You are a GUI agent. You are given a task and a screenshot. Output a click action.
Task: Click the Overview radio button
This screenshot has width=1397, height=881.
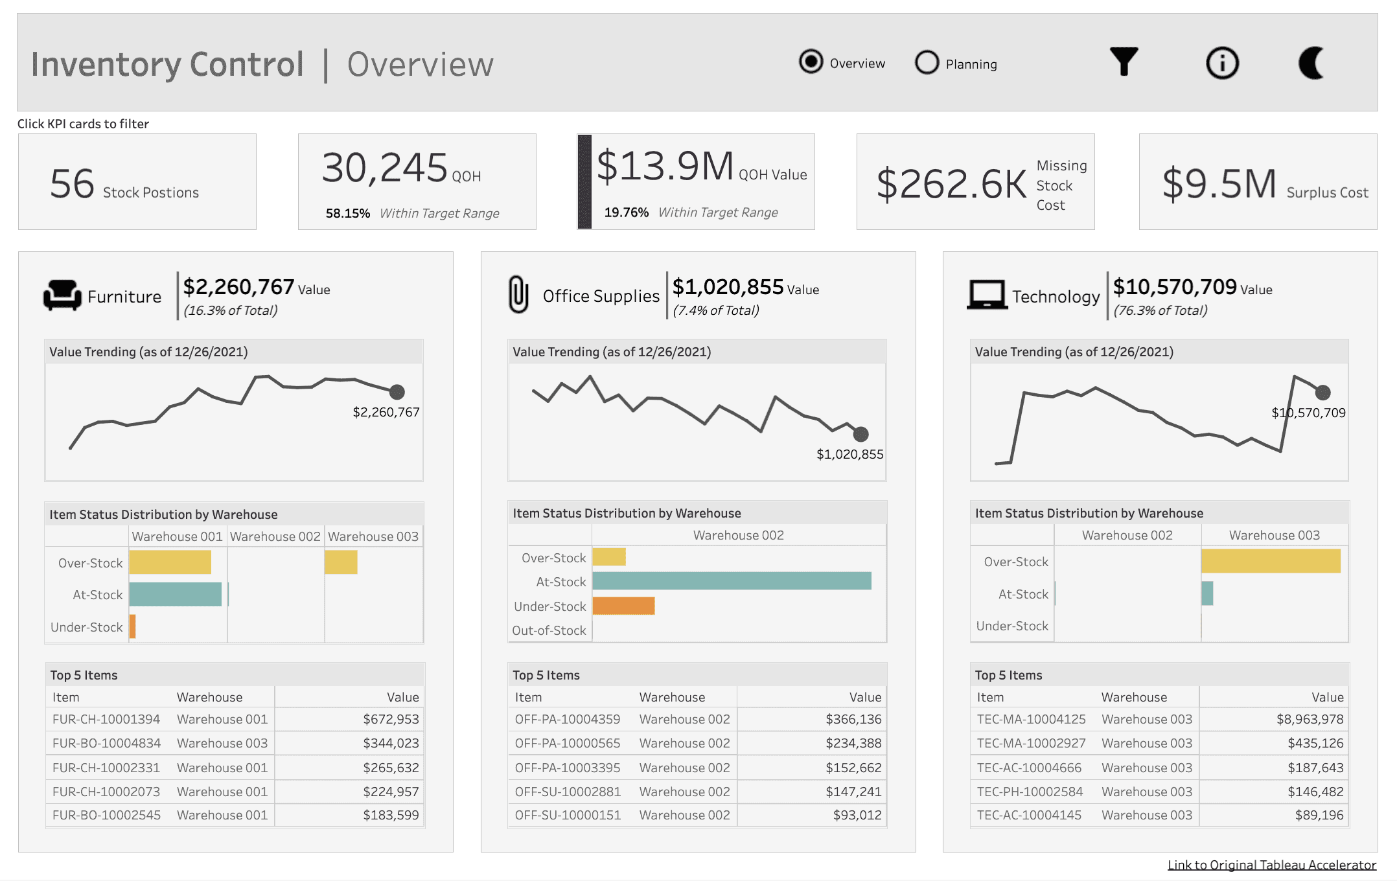811,62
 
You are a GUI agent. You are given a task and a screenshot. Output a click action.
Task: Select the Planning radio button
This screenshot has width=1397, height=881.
927,63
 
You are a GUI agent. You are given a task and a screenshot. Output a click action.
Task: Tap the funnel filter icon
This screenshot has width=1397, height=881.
1124,62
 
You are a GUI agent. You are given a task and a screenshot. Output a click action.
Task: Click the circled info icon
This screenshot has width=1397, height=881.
1222,63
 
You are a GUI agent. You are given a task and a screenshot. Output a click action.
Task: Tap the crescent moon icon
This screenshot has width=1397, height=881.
1311,63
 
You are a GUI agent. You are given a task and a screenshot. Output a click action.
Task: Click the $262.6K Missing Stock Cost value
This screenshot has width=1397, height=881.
951,185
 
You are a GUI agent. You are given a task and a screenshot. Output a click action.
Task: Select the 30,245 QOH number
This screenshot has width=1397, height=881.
385,168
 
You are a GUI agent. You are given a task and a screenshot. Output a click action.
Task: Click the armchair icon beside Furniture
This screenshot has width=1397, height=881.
62,295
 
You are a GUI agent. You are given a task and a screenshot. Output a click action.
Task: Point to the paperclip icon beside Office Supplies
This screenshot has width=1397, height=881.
518,295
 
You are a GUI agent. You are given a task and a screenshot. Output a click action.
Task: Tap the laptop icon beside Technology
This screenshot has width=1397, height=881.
987,295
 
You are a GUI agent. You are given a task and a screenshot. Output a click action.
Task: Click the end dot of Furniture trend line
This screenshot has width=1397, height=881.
397,392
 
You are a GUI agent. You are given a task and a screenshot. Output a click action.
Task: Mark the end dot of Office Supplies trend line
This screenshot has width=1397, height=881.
860,434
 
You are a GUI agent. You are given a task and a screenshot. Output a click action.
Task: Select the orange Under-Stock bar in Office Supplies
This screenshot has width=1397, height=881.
623,606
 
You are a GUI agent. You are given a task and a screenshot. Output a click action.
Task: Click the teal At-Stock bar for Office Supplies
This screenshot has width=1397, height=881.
732,581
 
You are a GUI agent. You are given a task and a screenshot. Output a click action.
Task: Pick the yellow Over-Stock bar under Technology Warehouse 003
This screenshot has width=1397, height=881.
1271,561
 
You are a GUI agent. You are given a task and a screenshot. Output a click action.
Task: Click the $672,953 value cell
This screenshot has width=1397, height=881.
391,719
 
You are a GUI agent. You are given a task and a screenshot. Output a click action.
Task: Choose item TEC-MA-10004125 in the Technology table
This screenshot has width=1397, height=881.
1031,719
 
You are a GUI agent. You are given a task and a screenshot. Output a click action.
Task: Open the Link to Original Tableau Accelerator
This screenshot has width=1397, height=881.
1271,865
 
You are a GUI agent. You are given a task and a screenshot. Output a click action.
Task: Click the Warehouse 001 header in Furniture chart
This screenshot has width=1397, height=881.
177,536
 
